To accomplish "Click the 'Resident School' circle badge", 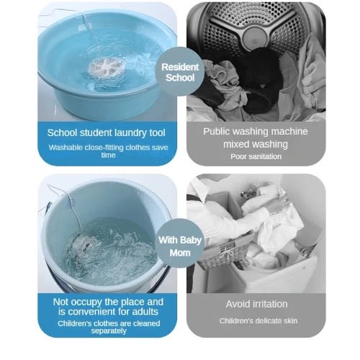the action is coord(180,72).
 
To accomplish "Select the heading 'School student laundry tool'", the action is coord(106,133).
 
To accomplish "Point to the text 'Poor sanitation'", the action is coord(256,157).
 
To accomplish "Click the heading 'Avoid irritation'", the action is coord(256,304).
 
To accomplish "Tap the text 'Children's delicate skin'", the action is coord(258,321).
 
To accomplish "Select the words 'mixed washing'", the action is coord(256,144).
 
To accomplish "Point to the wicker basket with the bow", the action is coord(223,254).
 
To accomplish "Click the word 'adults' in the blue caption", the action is coord(145,312).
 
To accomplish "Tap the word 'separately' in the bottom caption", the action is coord(109,331).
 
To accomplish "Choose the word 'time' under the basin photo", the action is coord(108,155).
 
